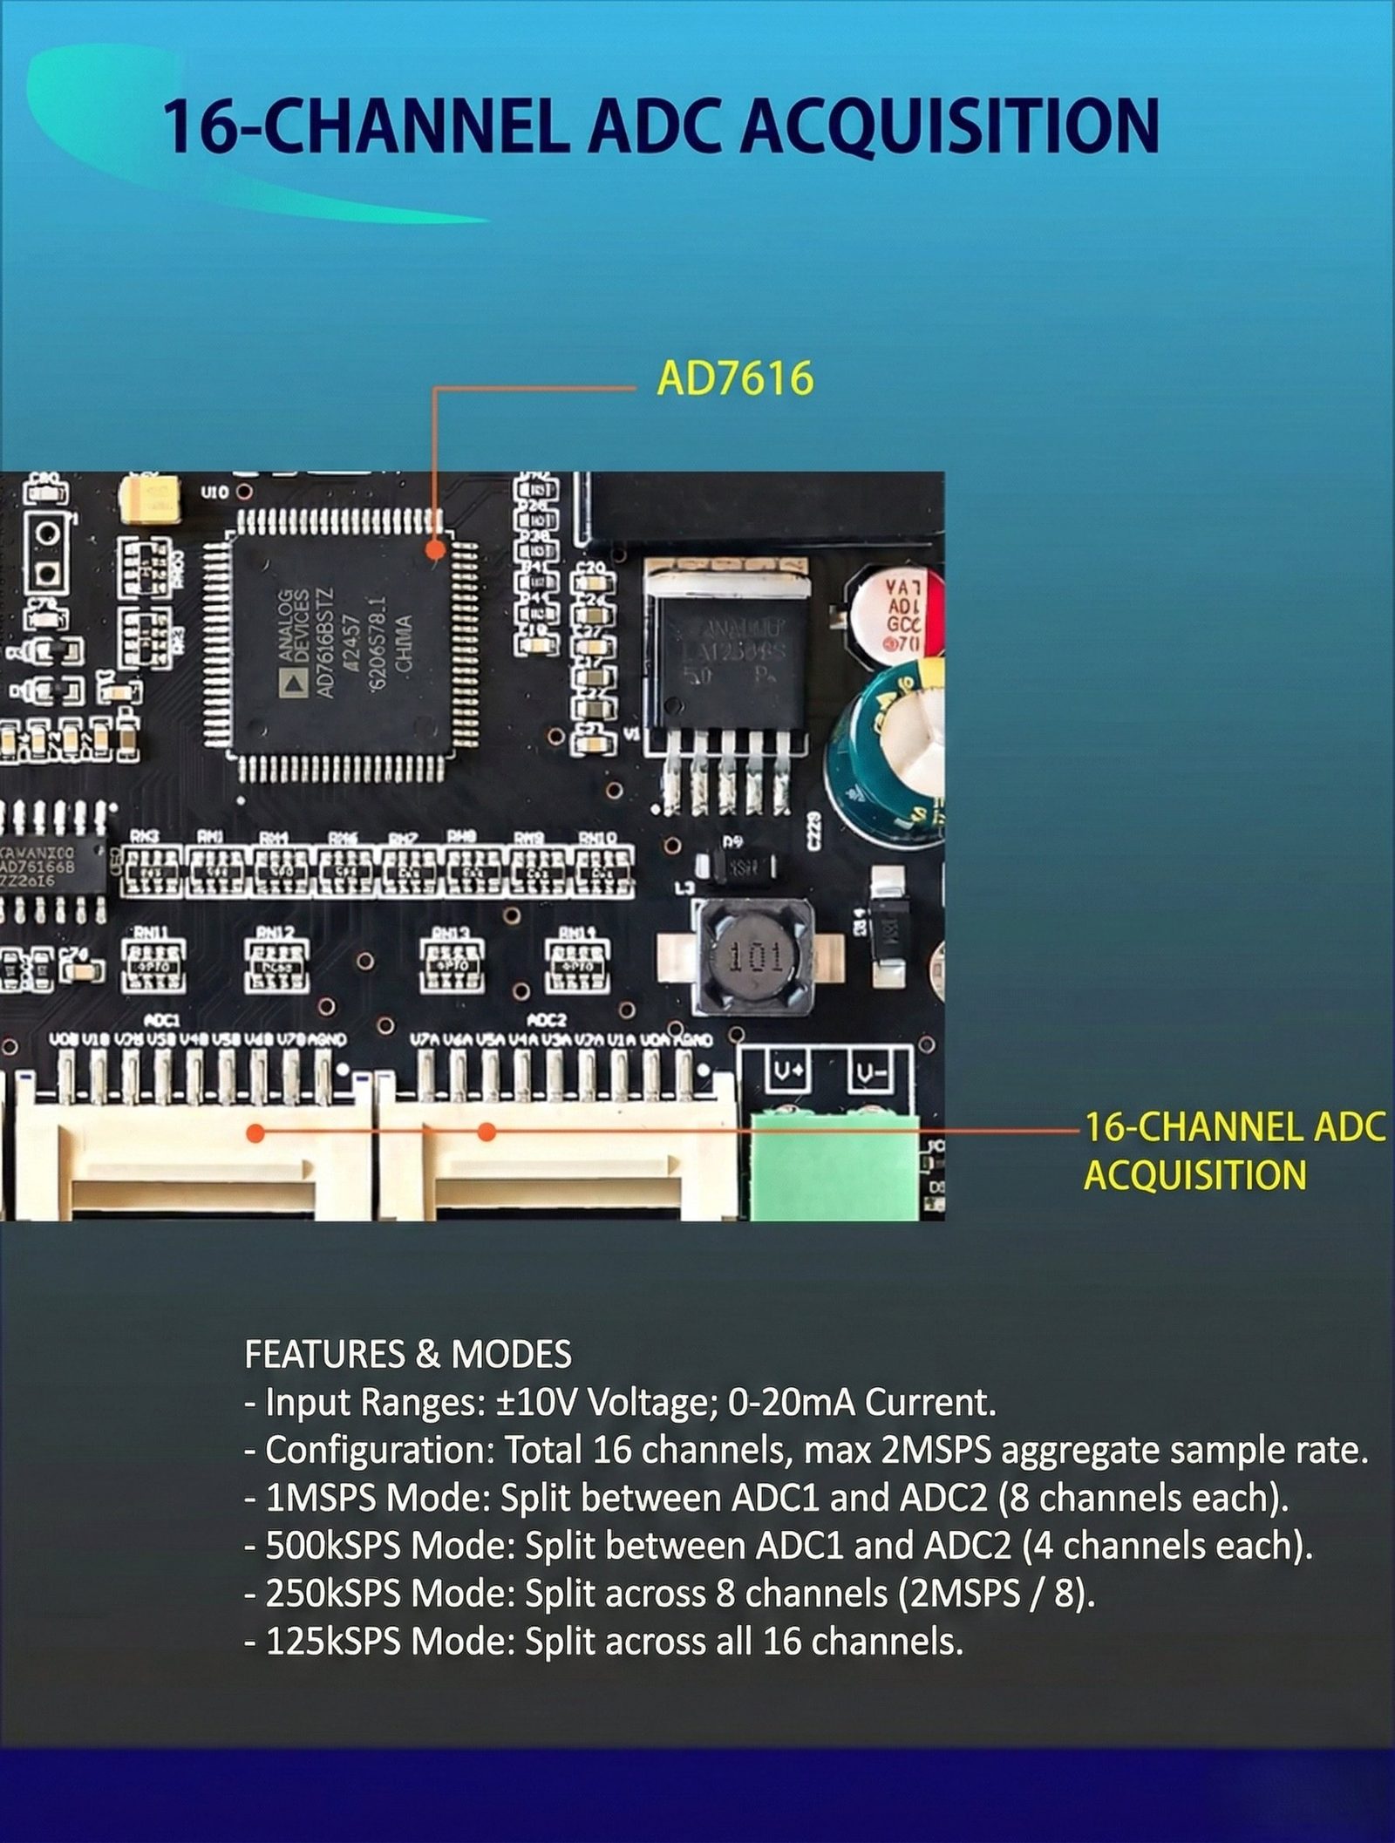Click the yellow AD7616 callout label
pyautogui.click(x=734, y=378)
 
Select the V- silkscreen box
pyautogui.click(x=869, y=1071)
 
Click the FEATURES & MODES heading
pyautogui.click(x=408, y=1354)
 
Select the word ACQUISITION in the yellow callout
pyautogui.click(x=1194, y=1175)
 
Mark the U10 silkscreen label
pyautogui.click(x=214, y=493)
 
